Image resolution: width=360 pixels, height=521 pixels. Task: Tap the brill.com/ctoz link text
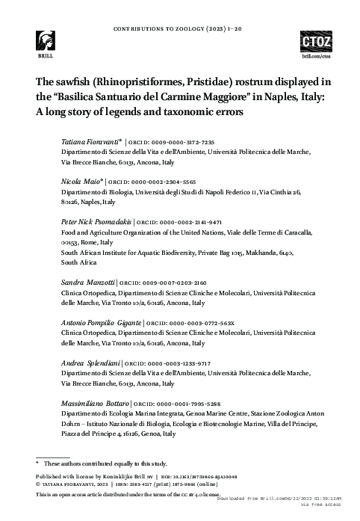[314, 56]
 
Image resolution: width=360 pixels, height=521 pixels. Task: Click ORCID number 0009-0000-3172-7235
[176, 141]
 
